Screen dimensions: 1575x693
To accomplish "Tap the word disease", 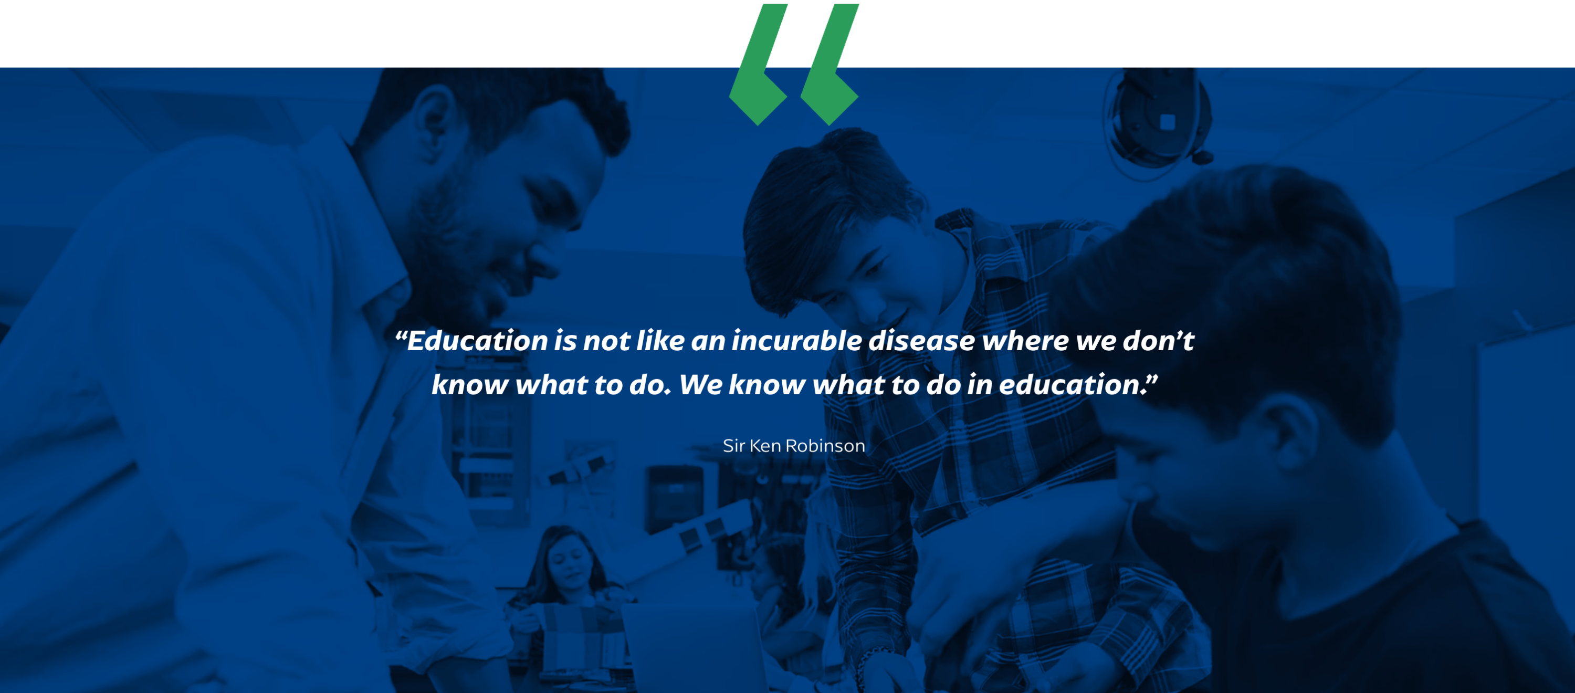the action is (x=921, y=341).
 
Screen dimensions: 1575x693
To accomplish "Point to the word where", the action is (x=1025, y=341).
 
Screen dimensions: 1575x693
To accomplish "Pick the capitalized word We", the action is (x=701, y=385).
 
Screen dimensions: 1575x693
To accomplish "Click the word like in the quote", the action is (x=660, y=341).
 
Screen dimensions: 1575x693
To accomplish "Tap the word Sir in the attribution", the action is (x=733, y=446).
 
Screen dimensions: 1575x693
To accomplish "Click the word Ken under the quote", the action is (x=765, y=446).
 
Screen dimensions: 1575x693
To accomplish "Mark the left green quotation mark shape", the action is (x=758, y=64).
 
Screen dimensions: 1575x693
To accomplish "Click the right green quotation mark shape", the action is (x=829, y=64).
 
